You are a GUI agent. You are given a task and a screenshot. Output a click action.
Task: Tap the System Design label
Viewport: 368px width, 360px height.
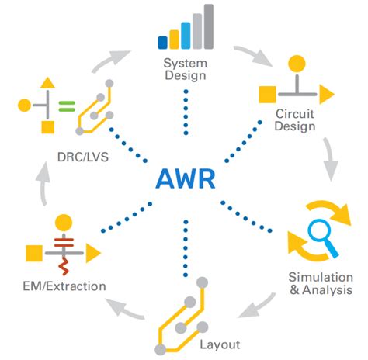[185, 69]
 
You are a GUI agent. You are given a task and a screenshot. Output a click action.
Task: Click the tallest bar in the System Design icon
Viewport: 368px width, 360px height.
[208, 25]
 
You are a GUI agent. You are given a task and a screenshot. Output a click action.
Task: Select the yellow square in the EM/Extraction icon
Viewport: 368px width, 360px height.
[33, 253]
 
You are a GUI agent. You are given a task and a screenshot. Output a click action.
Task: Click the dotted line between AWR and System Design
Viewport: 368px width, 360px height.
[185, 109]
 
